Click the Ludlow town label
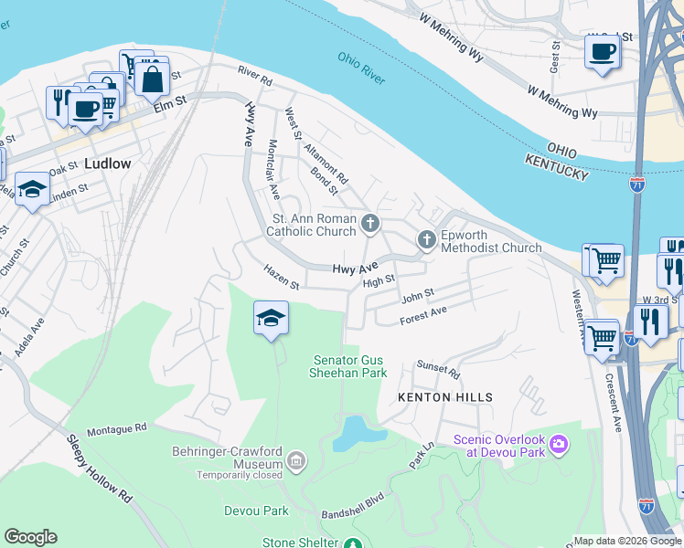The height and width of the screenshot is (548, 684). [107, 164]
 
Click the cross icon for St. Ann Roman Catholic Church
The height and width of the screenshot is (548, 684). [370, 222]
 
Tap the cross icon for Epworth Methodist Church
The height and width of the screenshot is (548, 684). [426, 240]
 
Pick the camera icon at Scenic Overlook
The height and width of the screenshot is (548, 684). [559, 446]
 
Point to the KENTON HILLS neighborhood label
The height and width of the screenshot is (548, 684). [445, 397]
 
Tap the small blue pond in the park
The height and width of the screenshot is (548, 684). [350, 433]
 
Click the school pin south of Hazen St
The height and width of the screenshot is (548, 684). [271, 318]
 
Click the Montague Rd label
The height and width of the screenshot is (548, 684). [116, 428]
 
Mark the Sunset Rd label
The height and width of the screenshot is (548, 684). [437, 368]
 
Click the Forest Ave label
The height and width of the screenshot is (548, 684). [422, 316]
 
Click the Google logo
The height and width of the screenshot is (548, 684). [30, 537]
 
